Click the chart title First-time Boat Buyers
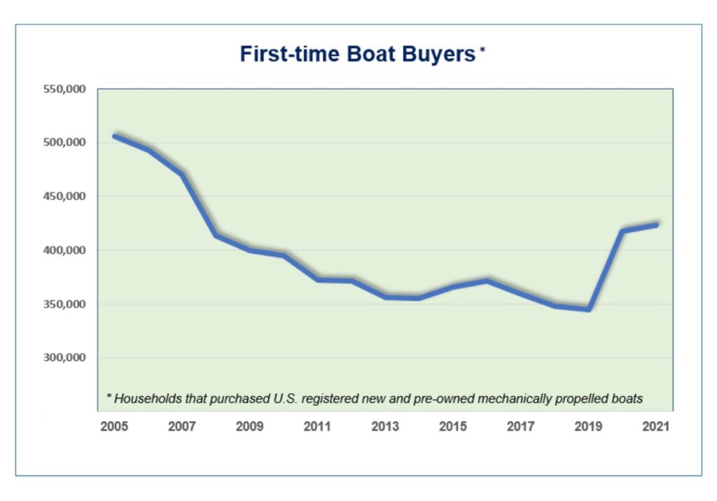tap(357, 54)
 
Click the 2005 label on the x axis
tap(114, 426)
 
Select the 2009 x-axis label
tap(250, 426)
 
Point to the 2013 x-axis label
tap(386, 426)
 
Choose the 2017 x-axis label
tap(521, 426)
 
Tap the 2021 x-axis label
tap(656, 426)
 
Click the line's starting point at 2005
tap(115, 136)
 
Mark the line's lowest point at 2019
tap(589, 309)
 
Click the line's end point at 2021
tap(656, 225)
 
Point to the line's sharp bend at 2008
tap(216, 235)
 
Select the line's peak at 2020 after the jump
tap(622, 230)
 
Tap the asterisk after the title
tap(482, 51)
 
